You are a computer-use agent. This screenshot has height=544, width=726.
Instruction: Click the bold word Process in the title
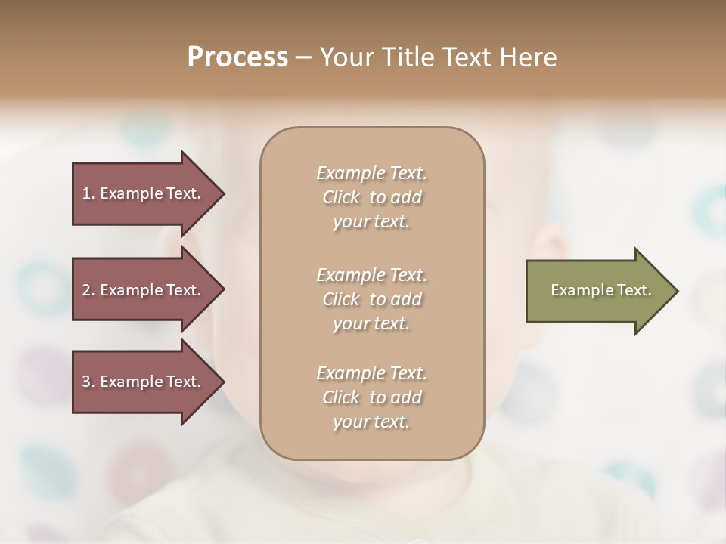pyautogui.click(x=237, y=57)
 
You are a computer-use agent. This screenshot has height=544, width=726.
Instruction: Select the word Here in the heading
pyautogui.click(x=529, y=57)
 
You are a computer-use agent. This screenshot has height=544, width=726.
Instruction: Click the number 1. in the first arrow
pyautogui.click(x=88, y=193)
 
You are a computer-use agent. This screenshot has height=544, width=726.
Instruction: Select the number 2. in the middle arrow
pyautogui.click(x=88, y=290)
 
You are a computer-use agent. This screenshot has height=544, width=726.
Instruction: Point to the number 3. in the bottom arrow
pyautogui.click(x=88, y=382)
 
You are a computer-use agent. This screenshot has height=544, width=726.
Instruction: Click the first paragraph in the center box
pyautogui.click(x=372, y=197)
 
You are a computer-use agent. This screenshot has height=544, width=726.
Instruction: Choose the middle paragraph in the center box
pyautogui.click(x=372, y=299)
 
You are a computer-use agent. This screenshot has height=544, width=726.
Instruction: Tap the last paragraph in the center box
pyautogui.click(x=372, y=397)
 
